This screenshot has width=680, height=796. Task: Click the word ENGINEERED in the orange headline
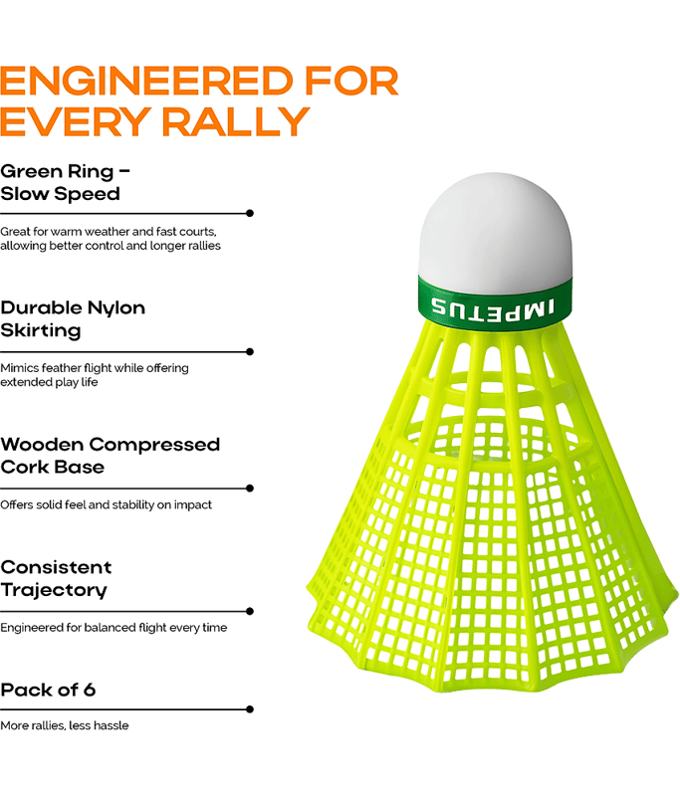146,82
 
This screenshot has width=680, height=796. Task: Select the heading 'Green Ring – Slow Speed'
65,183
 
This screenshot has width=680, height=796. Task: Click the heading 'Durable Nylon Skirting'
73,318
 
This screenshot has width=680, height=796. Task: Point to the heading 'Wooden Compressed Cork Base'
110,456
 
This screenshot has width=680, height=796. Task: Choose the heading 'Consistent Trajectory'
56,579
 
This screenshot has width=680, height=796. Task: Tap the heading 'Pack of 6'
48,690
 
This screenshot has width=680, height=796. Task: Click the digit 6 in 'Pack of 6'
90,690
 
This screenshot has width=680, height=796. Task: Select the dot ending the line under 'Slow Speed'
249,213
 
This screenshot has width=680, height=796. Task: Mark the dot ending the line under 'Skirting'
249,352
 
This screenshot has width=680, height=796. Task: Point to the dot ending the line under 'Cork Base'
249,489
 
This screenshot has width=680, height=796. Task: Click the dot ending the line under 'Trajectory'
249,611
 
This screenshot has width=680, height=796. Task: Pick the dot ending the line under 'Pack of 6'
249,709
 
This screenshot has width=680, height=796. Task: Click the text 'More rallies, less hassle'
65,725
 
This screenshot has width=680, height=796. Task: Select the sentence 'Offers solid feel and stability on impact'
106,504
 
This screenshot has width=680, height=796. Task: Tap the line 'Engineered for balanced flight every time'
113,628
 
